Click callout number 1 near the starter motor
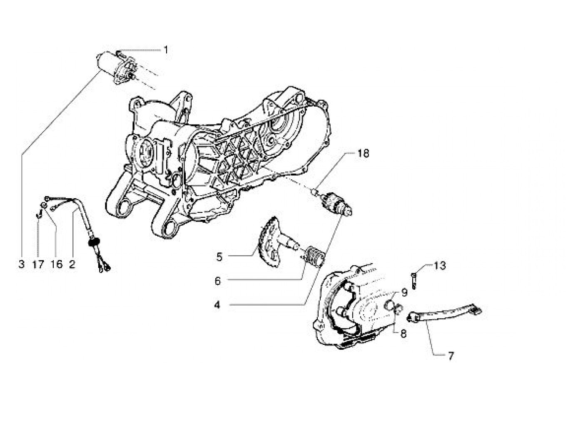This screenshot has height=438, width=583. [x=166, y=50]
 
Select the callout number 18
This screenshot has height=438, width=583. [x=363, y=154]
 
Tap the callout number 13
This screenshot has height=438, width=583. [x=440, y=265]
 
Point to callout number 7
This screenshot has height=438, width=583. [x=451, y=356]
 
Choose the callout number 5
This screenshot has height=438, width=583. [x=219, y=257]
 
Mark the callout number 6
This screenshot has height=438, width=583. [x=217, y=281]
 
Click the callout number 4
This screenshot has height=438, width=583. [x=217, y=305]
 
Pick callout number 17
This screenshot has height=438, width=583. [x=38, y=264]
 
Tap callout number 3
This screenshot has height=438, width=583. [x=21, y=264]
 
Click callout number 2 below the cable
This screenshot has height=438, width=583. [x=72, y=264]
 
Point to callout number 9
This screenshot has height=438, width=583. [x=404, y=293]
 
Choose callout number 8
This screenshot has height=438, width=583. [x=404, y=333]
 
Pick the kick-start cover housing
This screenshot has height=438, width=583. [x=350, y=308]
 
